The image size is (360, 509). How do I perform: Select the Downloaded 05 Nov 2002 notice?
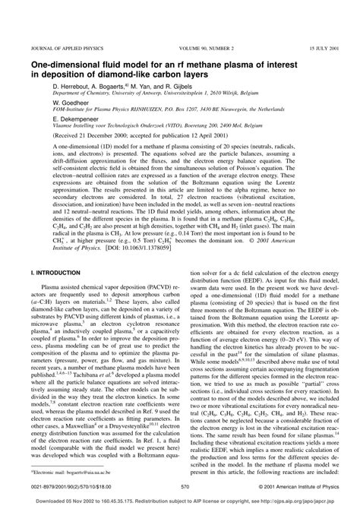pyautogui.click(x=180, y=501)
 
